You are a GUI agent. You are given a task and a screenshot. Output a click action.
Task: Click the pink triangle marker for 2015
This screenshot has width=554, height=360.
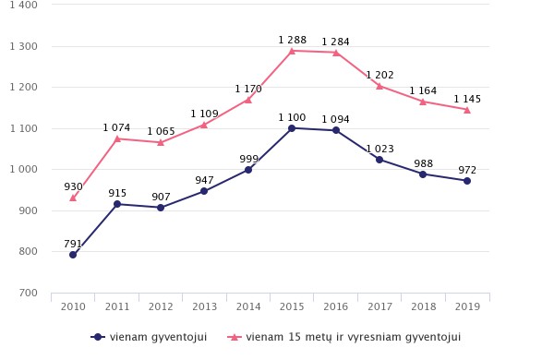click(x=292, y=51)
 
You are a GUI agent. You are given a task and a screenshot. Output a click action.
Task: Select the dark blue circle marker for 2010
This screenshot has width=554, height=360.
click(x=73, y=255)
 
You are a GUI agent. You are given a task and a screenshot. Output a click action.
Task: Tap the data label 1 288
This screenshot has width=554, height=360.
click(x=292, y=40)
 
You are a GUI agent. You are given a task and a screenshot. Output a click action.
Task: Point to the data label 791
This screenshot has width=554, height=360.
click(x=73, y=245)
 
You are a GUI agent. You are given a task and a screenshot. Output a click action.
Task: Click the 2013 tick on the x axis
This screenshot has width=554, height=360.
click(x=204, y=306)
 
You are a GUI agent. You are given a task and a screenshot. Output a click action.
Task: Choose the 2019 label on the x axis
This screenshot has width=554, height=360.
click(x=467, y=306)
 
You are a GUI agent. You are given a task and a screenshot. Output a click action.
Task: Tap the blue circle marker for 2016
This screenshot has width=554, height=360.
click(x=336, y=130)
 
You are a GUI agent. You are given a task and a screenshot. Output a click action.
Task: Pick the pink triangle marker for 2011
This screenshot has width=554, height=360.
click(x=117, y=138)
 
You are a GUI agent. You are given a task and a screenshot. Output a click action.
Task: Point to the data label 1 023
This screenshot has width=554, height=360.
click(x=379, y=149)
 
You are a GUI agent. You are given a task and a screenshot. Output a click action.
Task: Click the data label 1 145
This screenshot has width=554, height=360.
click(x=467, y=99)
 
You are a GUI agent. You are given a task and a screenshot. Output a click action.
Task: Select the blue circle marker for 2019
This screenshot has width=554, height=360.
click(x=467, y=181)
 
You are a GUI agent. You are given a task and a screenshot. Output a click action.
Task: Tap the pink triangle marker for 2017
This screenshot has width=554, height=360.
click(x=379, y=86)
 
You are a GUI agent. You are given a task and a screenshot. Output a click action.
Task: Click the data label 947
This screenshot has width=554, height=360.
click(x=204, y=180)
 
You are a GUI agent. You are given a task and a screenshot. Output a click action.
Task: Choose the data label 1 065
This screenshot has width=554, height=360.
click(x=161, y=131)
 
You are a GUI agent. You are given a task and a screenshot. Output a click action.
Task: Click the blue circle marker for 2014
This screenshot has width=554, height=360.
click(x=248, y=170)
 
